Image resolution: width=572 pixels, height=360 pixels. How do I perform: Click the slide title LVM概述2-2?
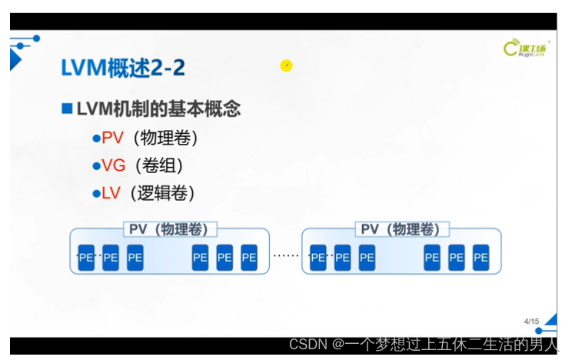tap(122, 68)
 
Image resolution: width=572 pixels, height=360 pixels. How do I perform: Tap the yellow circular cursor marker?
tap(286, 66)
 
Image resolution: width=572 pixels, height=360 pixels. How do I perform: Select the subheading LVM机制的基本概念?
tap(158, 108)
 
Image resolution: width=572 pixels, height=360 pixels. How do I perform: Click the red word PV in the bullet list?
tap(113, 138)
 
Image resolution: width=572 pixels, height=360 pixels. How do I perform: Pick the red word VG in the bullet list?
tap(114, 165)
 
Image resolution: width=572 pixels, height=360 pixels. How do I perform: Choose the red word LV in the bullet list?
tap(111, 192)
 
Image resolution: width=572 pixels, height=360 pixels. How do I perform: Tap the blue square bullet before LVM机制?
tap(67, 108)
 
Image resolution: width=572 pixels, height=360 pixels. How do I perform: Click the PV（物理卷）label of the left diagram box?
tap(170, 229)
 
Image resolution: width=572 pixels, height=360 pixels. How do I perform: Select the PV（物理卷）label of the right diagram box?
tap(401, 229)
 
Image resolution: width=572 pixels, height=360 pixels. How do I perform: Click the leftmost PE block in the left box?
tap(86, 258)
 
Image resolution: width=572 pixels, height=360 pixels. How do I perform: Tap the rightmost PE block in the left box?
tap(248, 258)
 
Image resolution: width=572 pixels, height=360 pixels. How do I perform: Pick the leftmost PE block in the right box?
tap(318, 258)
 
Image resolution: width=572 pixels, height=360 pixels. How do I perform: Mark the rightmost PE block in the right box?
tap(481, 258)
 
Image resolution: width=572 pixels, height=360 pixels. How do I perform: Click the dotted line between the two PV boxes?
tap(286, 255)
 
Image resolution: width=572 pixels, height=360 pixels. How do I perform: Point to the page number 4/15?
tap(530, 320)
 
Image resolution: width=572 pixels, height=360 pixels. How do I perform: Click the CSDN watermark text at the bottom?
tap(422, 345)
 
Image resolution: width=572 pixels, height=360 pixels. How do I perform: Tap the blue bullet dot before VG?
tap(97, 165)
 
